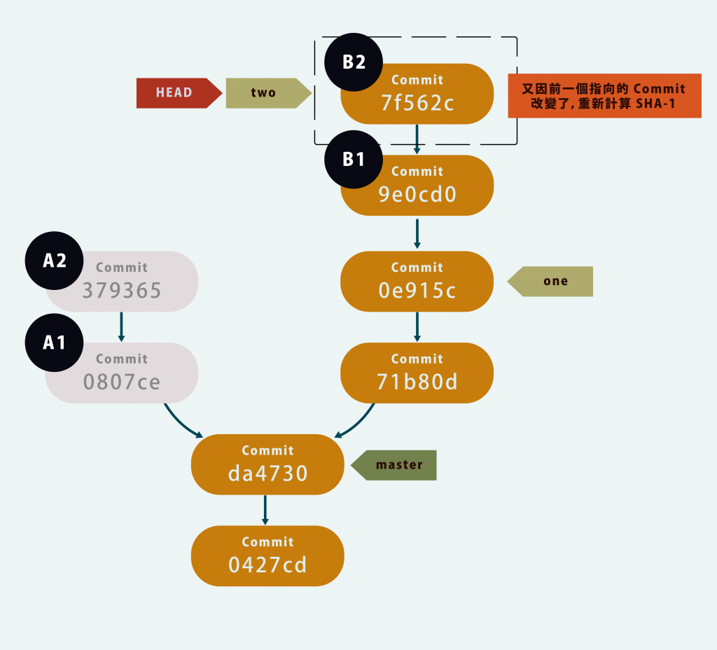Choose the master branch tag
pyautogui.click(x=397, y=465)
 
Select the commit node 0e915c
pyautogui.click(x=417, y=281)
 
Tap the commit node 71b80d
pyautogui.click(x=417, y=373)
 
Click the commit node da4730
pyautogui.click(x=267, y=464)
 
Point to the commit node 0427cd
pyautogui.click(x=267, y=555)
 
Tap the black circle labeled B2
pyautogui.click(x=354, y=62)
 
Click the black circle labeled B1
pyautogui.click(x=354, y=159)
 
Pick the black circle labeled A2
pyautogui.click(x=55, y=261)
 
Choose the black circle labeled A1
pyautogui.click(x=55, y=343)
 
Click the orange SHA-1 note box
pyautogui.click(x=604, y=95)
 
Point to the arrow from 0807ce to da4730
pyautogui.click(x=181, y=422)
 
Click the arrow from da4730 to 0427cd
pyautogui.click(x=265, y=509)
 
